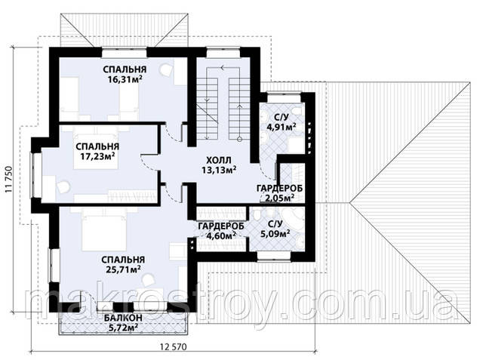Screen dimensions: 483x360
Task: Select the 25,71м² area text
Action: [123, 270]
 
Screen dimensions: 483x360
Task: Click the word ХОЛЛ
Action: [218, 160]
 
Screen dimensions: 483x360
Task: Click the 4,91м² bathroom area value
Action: [281, 127]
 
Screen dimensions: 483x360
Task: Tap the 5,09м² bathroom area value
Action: [275, 235]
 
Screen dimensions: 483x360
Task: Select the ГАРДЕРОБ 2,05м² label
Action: [280, 193]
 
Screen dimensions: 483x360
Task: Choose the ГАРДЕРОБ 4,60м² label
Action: [221, 231]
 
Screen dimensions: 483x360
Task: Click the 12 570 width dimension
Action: [174, 346]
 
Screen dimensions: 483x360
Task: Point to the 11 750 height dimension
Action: [8, 179]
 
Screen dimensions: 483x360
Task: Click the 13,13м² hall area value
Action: [219, 170]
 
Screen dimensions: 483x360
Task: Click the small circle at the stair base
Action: [239, 139]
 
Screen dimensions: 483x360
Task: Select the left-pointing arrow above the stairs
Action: [229, 67]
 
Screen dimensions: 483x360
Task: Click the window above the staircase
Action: [223, 52]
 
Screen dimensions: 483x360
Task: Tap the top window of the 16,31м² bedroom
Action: [125, 52]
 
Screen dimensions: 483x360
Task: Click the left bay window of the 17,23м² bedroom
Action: [36, 175]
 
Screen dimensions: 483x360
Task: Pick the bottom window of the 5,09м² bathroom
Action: [274, 257]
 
